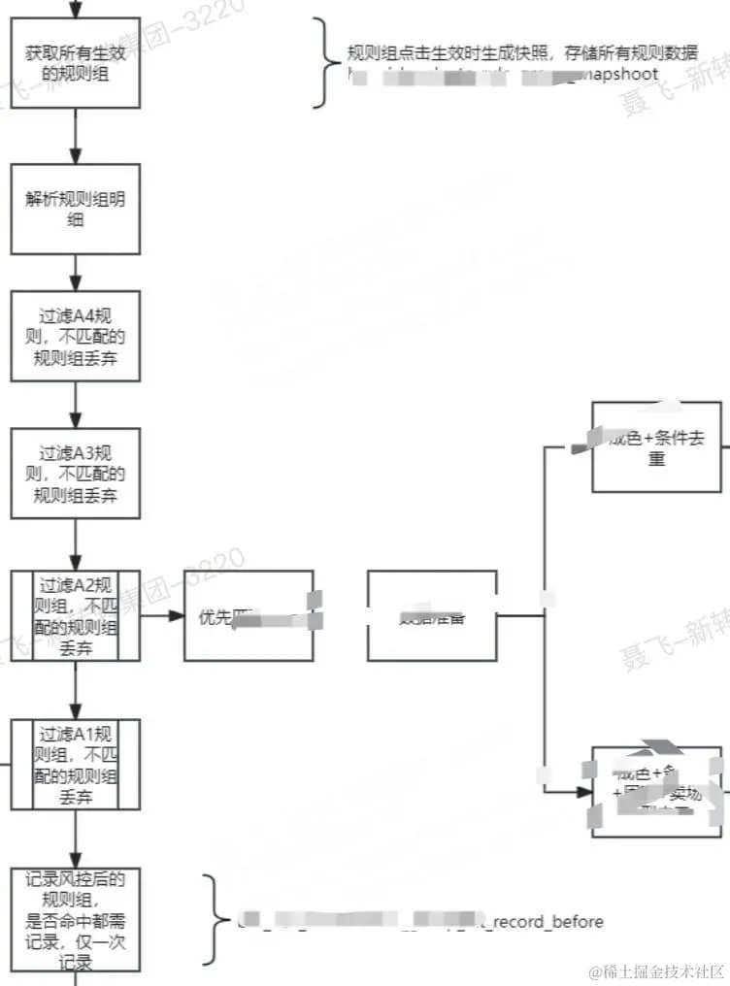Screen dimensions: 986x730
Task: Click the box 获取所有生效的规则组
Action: tap(76, 62)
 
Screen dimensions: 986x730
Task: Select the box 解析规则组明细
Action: tap(76, 210)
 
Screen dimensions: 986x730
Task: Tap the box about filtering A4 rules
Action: tap(76, 336)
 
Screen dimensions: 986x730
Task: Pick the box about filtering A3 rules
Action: tap(76, 475)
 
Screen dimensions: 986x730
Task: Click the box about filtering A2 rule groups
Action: tap(76, 616)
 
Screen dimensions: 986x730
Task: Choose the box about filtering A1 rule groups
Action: tap(76, 764)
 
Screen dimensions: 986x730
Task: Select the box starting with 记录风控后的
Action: tap(76, 919)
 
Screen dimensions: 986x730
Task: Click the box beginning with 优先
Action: tap(249, 616)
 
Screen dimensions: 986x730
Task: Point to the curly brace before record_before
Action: tap(211, 919)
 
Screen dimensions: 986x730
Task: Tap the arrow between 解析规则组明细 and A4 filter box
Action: tap(76, 273)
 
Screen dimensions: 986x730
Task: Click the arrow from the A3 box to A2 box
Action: tap(76, 544)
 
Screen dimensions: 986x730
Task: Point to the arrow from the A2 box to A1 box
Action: tap(76, 691)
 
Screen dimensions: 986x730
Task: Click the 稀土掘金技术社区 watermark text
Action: tap(656, 971)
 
